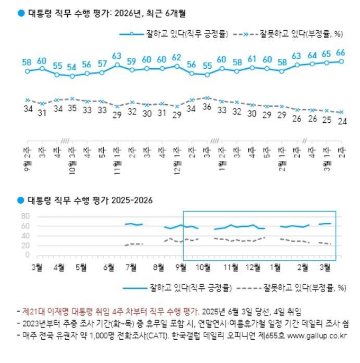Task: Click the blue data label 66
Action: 341,52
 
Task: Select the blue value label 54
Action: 71,67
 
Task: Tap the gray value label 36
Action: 207,106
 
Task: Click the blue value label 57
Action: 102,64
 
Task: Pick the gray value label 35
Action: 71,107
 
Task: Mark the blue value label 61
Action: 252,59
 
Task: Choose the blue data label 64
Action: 312,55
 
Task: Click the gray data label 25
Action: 327,120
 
